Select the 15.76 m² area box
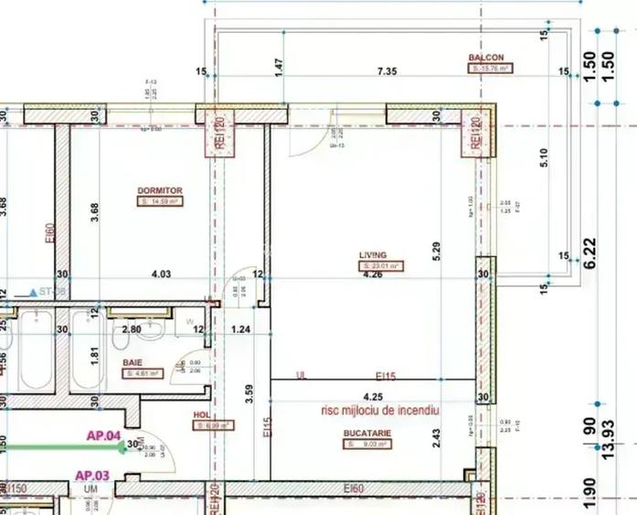(491, 69)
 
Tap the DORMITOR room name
(160, 191)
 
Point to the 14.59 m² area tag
(160, 201)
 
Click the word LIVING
(372, 256)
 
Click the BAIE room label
(133, 362)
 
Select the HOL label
(201, 413)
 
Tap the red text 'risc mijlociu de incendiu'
(379, 412)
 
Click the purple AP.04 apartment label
(104, 435)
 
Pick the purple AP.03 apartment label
(92, 475)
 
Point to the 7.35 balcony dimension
(388, 71)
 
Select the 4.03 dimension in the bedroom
(161, 274)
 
